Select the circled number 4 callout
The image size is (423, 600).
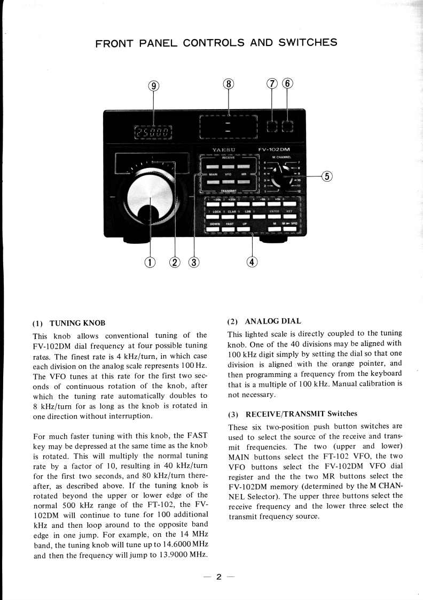pyautogui.click(x=252, y=261)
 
